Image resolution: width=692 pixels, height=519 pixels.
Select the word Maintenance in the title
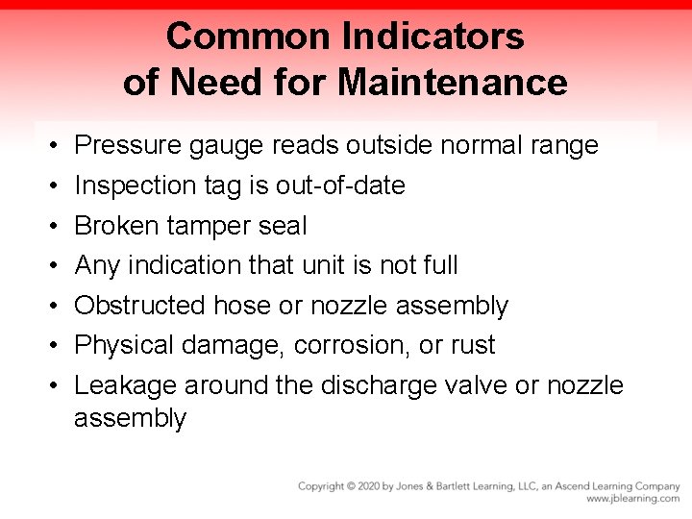[452, 82]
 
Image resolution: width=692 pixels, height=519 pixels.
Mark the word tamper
[209, 227]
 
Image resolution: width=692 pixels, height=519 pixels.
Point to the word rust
[474, 346]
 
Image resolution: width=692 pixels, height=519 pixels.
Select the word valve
[479, 385]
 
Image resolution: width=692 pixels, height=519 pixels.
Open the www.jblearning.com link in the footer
[632, 499]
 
